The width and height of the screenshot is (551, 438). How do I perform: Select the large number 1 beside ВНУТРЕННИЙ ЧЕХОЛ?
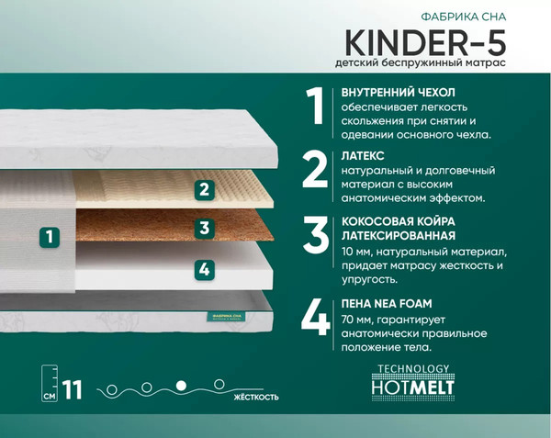pos(315,107)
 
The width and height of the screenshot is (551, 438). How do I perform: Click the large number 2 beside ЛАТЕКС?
pos(315,171)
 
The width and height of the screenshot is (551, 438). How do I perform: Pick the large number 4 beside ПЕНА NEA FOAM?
pos(316,316)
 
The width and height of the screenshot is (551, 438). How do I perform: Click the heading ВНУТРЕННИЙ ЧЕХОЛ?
pos(398,93)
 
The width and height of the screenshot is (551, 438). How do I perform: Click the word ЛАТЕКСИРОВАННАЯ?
pos(399,236)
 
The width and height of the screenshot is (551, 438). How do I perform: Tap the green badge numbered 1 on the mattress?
pos(50,237)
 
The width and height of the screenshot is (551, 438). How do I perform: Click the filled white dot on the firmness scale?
pos(181,385)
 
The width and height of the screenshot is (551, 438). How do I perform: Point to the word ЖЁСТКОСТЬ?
pos(253,398)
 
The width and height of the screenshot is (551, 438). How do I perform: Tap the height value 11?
pos(73,389)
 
